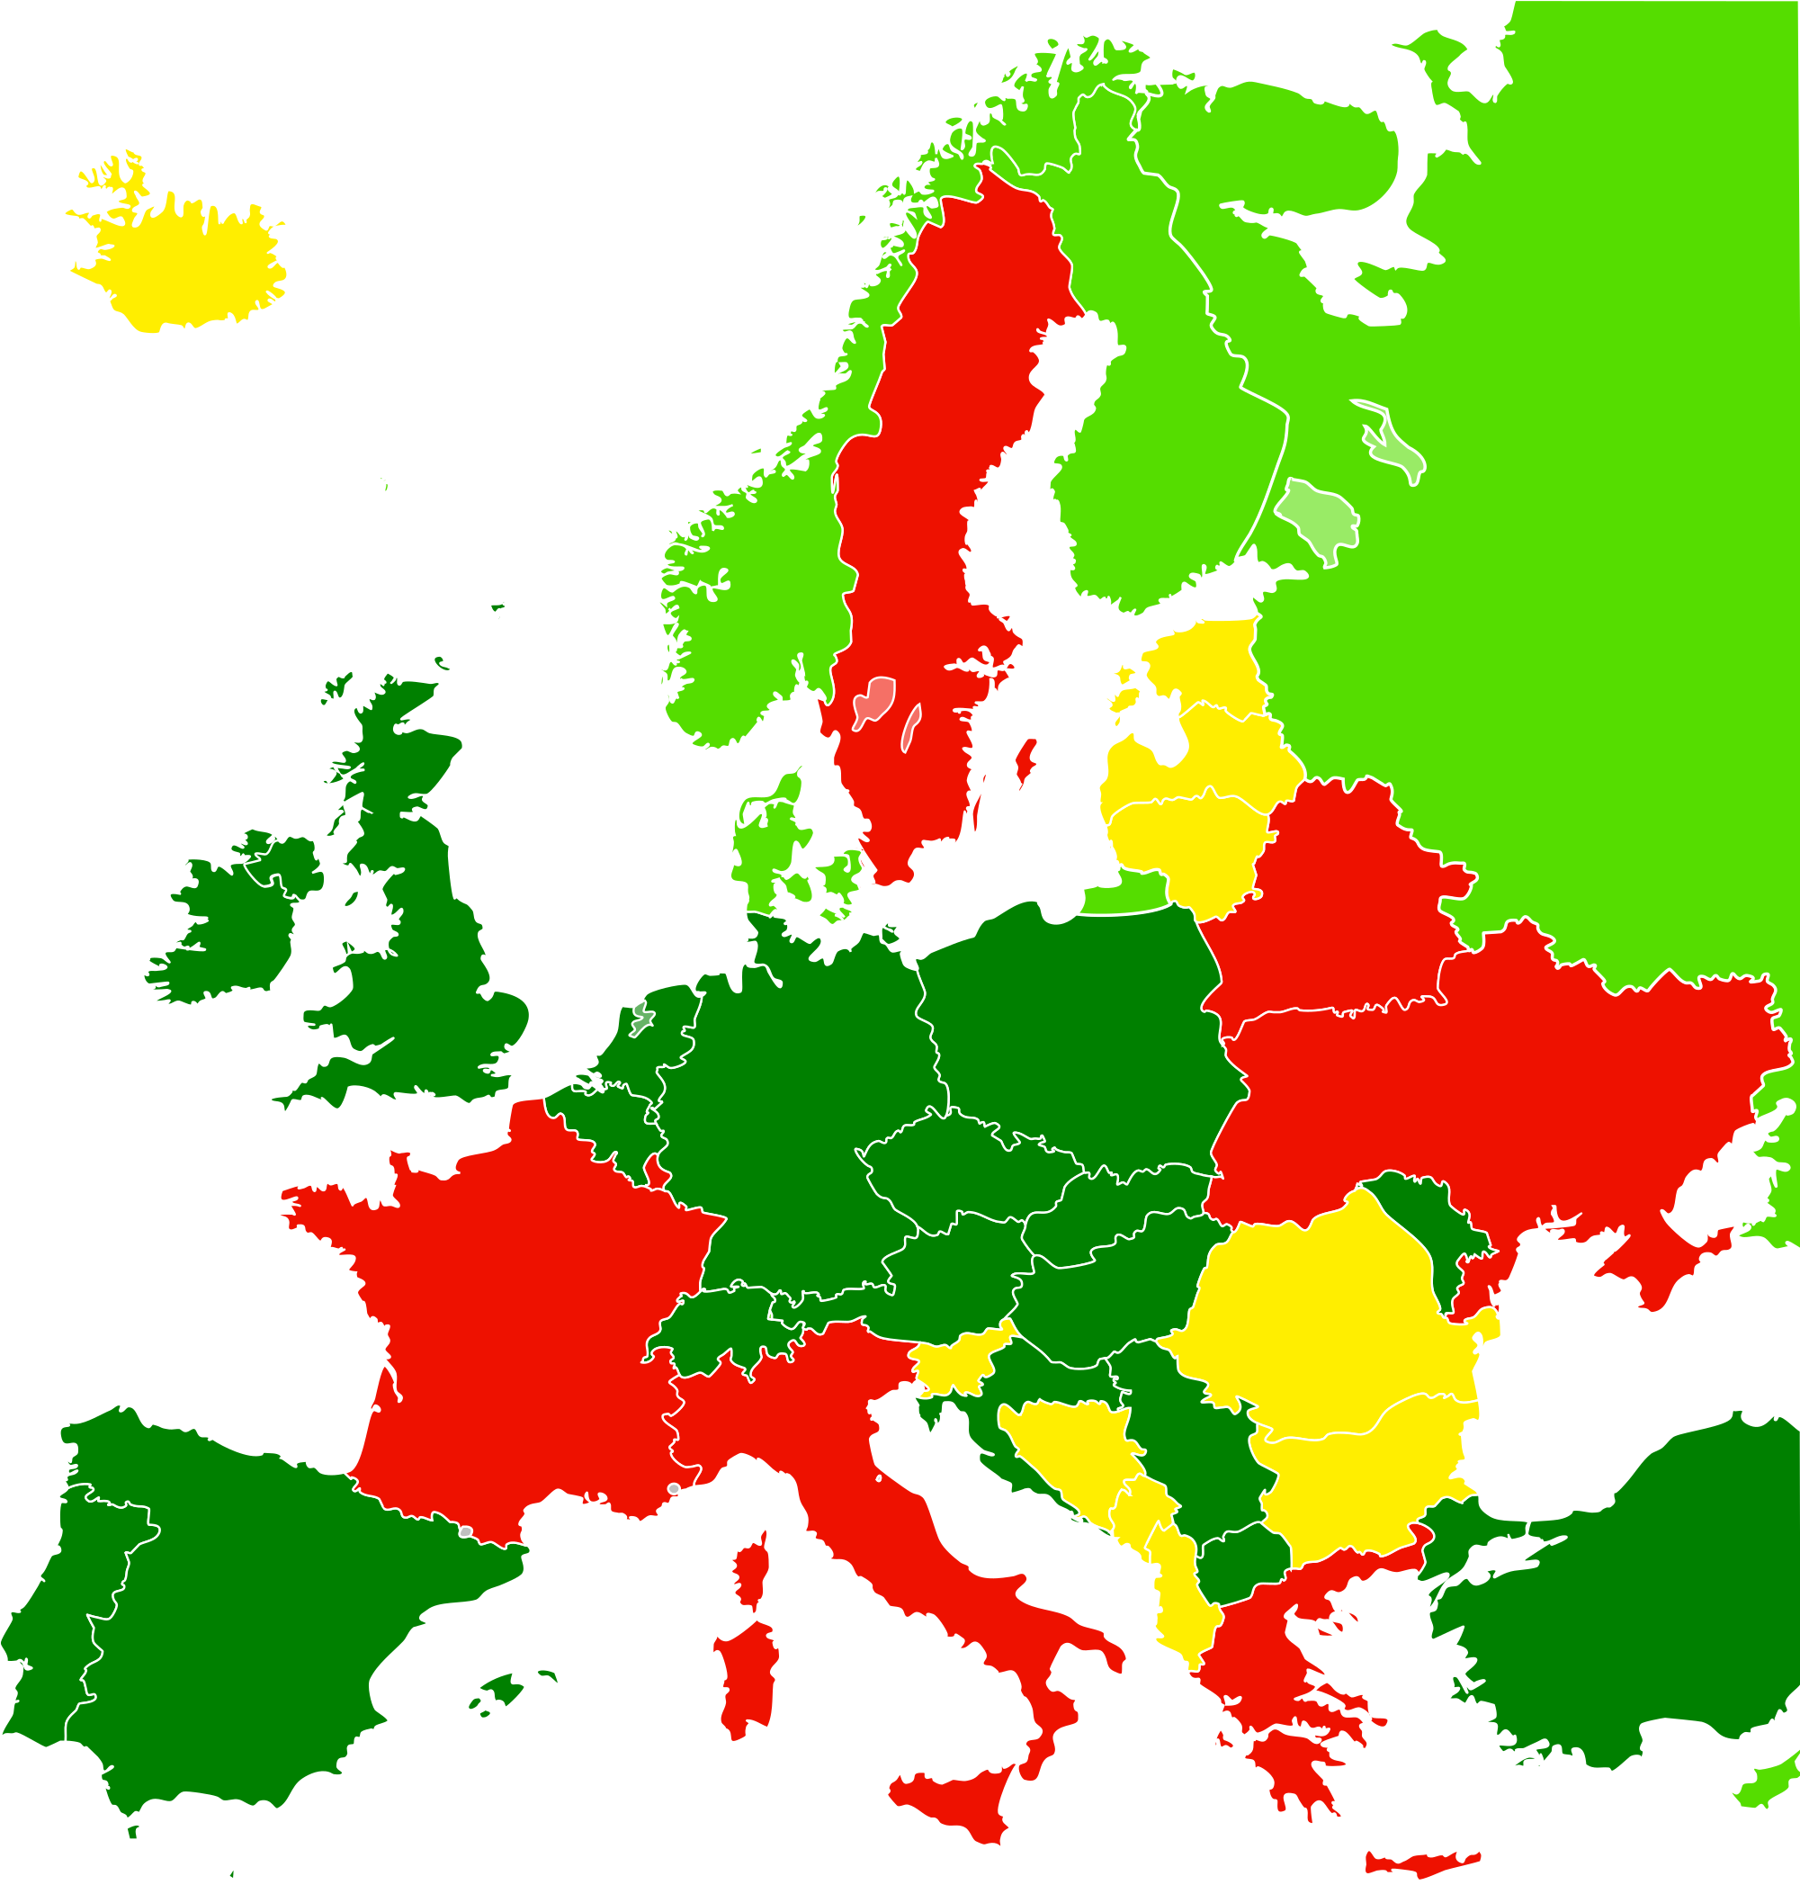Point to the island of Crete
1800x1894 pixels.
coord(1420,1863)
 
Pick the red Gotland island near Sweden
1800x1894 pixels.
coord(1025,763)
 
